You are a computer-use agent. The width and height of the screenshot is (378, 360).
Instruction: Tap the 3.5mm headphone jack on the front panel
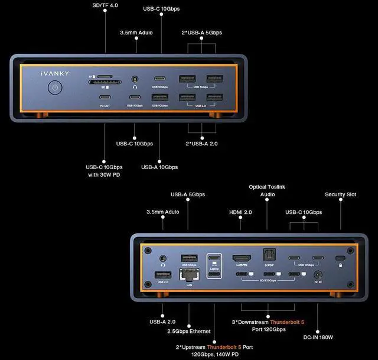pos(136,79)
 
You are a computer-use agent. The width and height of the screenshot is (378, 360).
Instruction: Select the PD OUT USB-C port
pos(105,97)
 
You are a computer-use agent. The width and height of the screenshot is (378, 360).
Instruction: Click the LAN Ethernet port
pos(189,275)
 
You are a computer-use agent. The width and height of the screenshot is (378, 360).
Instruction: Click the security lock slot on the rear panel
pos(341,259)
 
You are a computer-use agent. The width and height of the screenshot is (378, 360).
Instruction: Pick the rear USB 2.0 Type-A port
pos(163,274)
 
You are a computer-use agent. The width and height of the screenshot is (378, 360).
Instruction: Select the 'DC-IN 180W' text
pos(318,337)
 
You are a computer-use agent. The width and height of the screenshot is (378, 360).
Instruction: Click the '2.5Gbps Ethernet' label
pos(189,331)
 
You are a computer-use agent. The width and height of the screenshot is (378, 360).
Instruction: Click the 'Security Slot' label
pos(340,194)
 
